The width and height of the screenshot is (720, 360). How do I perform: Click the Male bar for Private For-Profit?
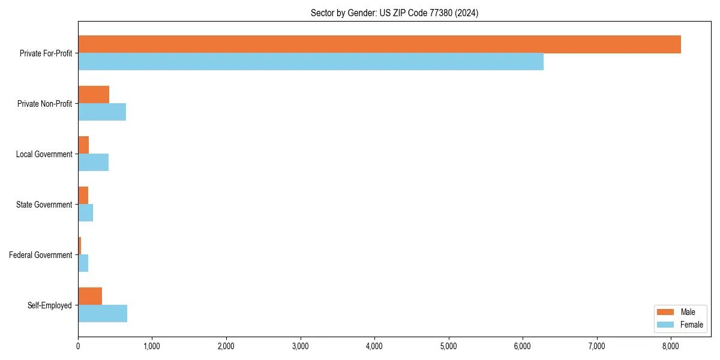point(379,44)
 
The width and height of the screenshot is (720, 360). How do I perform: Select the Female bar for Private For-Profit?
point(311,62)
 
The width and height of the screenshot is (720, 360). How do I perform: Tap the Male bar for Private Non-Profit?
point(94,95)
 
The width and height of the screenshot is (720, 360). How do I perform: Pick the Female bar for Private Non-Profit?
point(102,112)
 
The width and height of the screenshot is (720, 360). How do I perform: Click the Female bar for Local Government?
point(93,163)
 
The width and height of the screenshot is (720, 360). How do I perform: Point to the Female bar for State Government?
point(85,213)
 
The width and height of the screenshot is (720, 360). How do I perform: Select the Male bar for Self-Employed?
point(90,296)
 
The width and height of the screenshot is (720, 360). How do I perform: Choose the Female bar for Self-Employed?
point(103,314)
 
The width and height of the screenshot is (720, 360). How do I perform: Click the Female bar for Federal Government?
point(83,263)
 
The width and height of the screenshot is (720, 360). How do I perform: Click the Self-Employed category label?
point(49,305)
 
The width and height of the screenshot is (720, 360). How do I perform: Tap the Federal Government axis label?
point(40,255)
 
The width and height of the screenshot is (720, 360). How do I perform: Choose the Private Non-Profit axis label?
point(44,104)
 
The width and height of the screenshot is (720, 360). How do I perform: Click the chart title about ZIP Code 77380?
point(394,13)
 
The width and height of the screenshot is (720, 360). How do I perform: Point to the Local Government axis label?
point(44,154)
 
